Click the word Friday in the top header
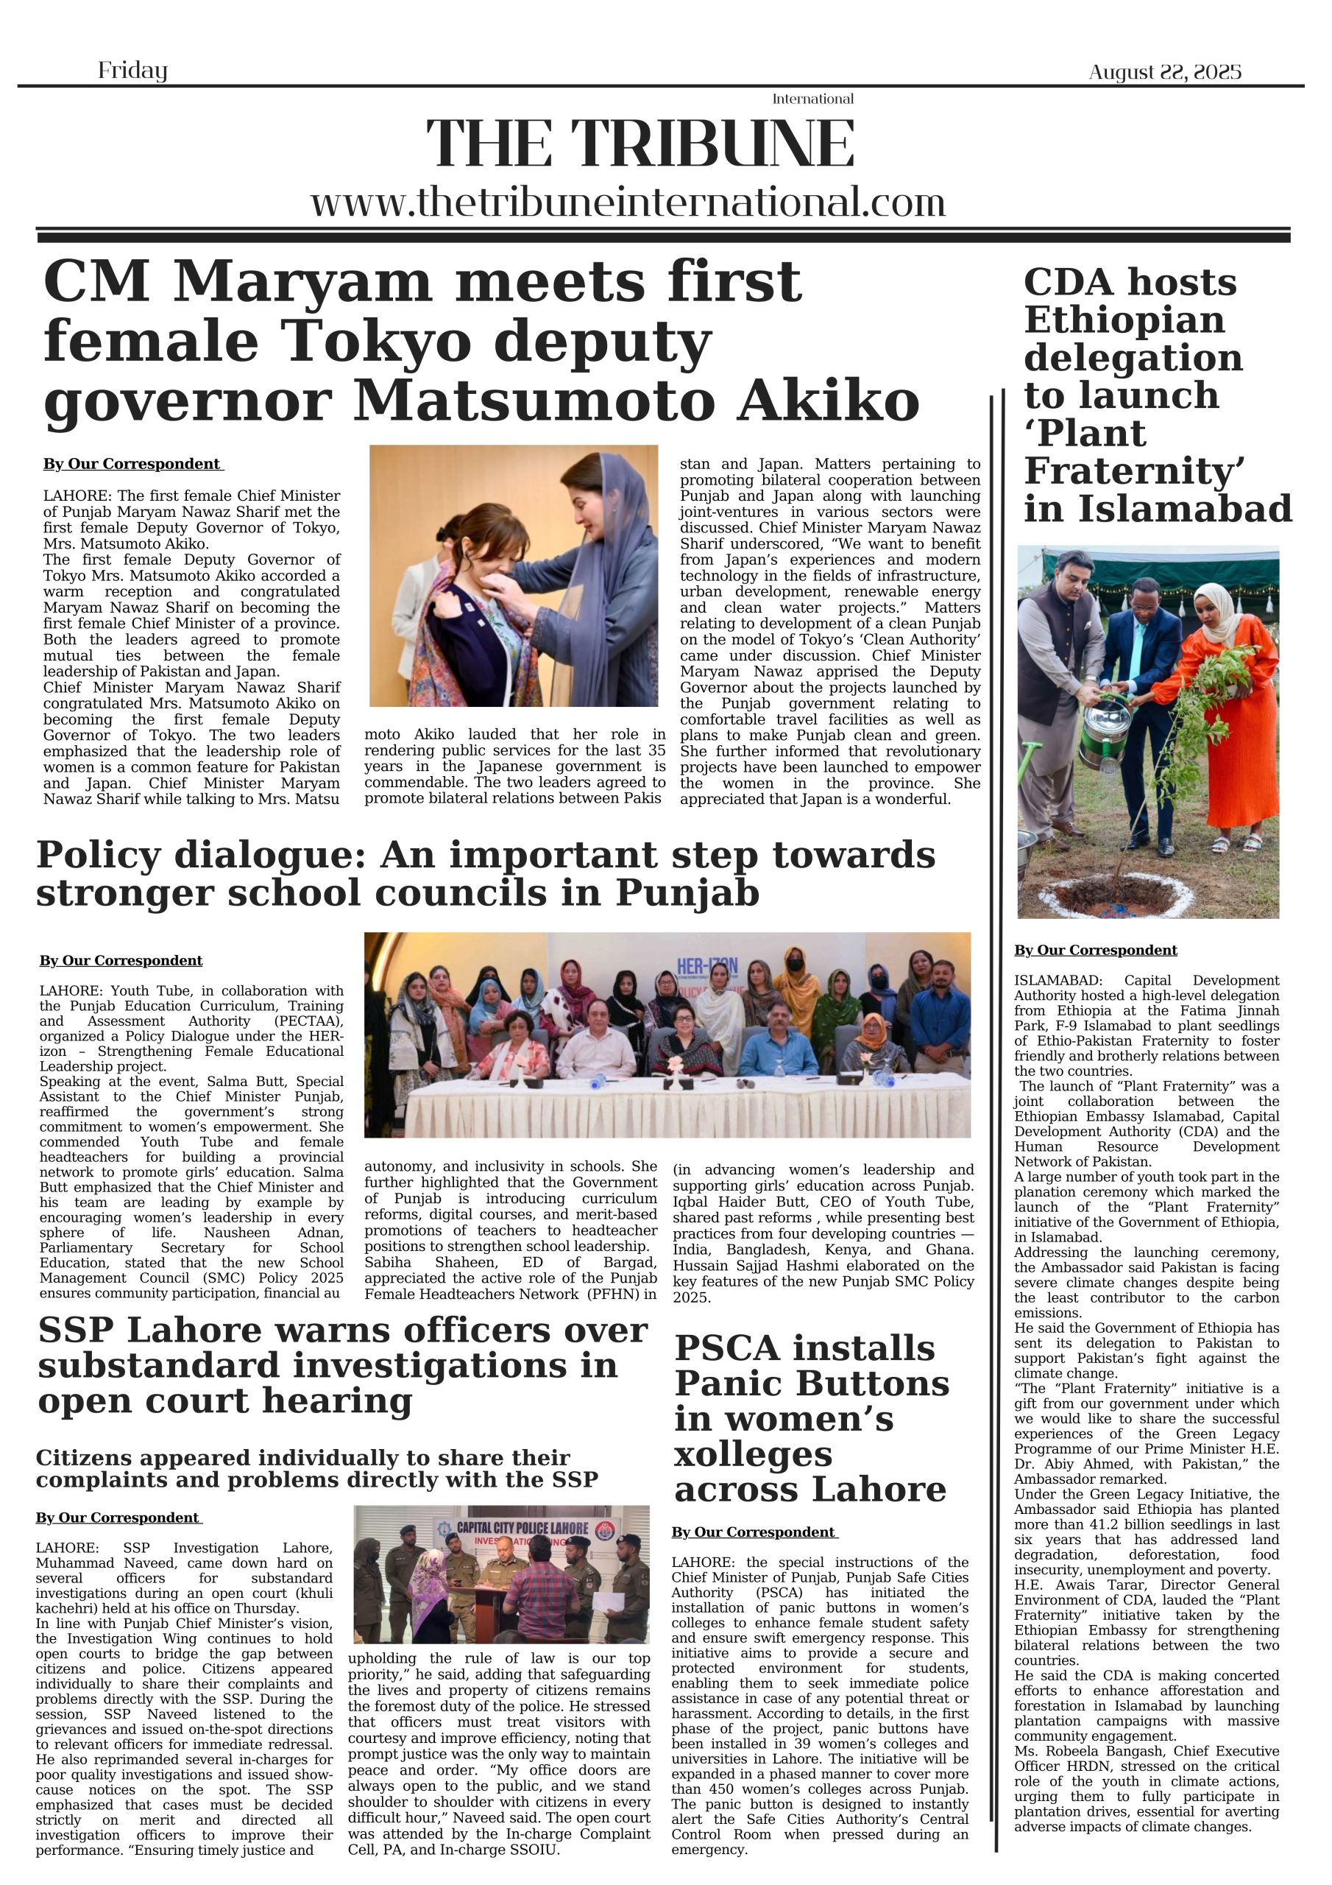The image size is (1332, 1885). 132,71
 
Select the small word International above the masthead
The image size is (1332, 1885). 812,99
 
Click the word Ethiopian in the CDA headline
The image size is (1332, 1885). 1124,320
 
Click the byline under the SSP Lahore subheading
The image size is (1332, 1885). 117,1518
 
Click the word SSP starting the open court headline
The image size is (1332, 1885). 79,1331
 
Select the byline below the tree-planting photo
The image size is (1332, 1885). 1095,950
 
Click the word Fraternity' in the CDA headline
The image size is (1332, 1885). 1133,471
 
